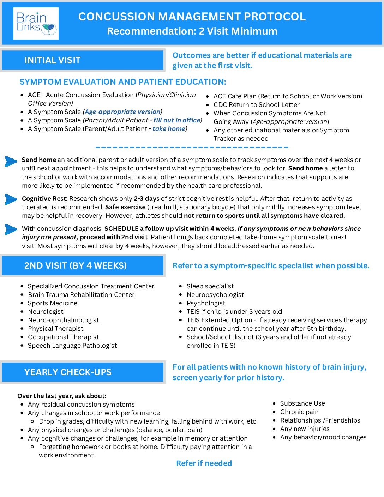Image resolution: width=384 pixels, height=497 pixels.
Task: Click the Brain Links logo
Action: (x=36, y=23)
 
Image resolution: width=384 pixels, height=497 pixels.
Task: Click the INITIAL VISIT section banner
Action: (x=83, y=60)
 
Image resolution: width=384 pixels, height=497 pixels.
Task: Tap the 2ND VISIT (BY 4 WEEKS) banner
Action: (x=83, y=265)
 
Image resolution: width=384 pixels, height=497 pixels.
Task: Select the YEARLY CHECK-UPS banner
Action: (x=83, y=372)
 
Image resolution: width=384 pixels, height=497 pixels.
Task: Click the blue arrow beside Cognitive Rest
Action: (x=11, y=199)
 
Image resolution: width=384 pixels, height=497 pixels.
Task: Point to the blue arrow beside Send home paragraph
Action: (x=11, y=161)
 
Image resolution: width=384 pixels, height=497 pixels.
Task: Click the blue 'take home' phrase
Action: (x=169, y=129)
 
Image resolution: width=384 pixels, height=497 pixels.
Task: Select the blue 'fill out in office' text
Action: (x=177, y=120)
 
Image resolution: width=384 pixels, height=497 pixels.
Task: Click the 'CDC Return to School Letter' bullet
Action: (x=256, y=105)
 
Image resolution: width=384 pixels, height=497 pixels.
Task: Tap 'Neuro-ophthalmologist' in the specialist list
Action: (x=63, y=320)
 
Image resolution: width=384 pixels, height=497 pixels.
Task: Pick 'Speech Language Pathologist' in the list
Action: (x=72, y=346)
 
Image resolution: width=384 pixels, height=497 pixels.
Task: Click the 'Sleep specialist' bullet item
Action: (x=210, y=286)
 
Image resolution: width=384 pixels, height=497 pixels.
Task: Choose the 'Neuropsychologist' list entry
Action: (x=215, y=295)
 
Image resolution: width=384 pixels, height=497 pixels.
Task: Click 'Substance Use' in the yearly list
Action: (x=302, y=403)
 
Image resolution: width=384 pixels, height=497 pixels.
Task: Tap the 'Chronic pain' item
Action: (x=299, y=412)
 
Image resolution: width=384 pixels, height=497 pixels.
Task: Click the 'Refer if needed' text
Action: (x=204, y=463)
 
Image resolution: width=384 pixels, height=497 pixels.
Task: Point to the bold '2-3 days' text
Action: (x=146, y=199)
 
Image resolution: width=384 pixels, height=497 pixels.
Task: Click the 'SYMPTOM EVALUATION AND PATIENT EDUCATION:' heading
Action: (x=123, y=82)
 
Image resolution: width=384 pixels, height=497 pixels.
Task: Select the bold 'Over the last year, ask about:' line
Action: (x=62, y=396)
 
